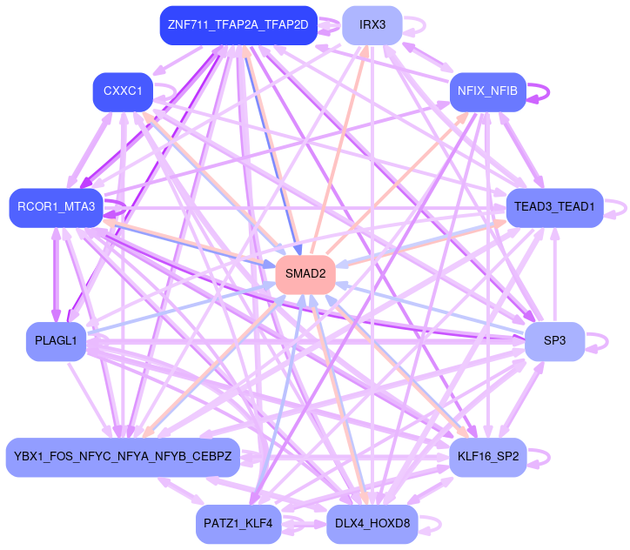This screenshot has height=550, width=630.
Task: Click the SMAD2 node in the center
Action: pyautogui.click(x=305, y=274)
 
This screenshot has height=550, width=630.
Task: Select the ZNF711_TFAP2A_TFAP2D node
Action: pyautogui.click(x=238, y=24)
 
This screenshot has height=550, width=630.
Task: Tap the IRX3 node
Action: pyautogui.click(x=372, y=24)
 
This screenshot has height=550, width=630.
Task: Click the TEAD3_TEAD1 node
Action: pyautogui.click(x=554, y=207)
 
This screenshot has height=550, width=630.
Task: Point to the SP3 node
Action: pyautogui.click(x=554, y=340)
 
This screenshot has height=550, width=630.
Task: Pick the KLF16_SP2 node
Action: pyautogui.click(x=487, y=456)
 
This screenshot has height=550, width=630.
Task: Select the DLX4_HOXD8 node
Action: pyautogui.click(x=372, y=523)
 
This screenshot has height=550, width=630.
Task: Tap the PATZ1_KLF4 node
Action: pyautogui.click(x=238, y=523)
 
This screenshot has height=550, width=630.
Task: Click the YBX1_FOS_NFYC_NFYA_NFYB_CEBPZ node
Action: pyautogui.click(x=123, y=456)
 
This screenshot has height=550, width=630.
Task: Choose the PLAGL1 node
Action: pyautogui.click(x=56, y=340)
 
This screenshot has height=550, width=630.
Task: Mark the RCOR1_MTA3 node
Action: pyautogui.click(x=56, y=207)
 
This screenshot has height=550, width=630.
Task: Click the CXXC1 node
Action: pyautogui.click(x=123, y=91)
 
